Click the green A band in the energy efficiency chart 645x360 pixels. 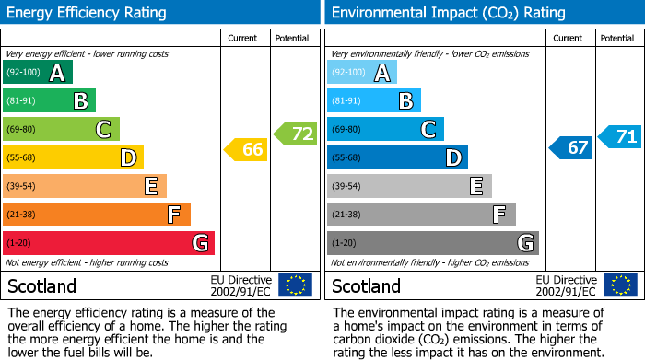[37, 73]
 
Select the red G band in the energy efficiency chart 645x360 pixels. [108, 243]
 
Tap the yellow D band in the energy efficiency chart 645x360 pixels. [73, 157]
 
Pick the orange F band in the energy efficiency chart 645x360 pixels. [96, 215]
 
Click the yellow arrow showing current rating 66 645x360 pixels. [247, 149]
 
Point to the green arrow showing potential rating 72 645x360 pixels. [296, 134]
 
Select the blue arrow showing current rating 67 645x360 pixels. [572, 147]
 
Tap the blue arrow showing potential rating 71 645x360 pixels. [620, 137]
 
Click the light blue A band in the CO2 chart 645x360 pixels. [361, 73]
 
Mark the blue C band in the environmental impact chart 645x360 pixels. [384, 130]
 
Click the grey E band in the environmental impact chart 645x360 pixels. [408, 186]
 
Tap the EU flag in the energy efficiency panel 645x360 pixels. [295, 285]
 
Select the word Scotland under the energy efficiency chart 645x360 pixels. [42, 286]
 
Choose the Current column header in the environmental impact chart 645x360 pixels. [569, 38]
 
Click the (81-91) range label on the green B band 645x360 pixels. [23, 101]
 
